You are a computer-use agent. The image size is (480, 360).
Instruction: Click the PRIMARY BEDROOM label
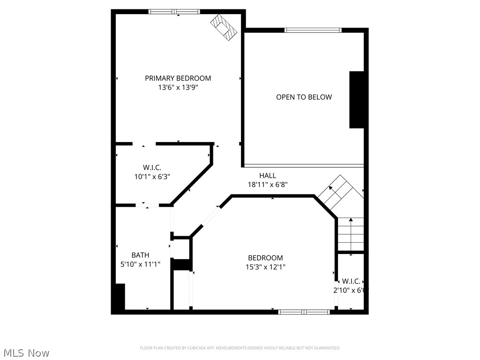click(x=178, y=78)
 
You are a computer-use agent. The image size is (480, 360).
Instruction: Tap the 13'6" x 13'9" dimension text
click(x=178, y=87)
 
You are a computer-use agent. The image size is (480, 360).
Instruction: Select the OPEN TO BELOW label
click(x=304, y=97)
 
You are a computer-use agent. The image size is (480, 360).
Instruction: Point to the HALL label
click(x=268, y=176)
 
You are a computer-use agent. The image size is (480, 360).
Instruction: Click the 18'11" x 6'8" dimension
click(x=268, y=185)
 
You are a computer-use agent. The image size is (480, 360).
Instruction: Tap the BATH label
click(x=140, y=255)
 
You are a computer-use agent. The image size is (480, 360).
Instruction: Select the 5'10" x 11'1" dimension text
click(x=140, y=264)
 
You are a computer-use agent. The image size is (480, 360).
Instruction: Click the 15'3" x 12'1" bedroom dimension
click(x=265, y=267)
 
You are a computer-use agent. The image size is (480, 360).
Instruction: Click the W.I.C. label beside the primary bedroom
click(x=152, y=167)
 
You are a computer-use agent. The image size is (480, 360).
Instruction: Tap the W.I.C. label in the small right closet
click(x=351, y=281)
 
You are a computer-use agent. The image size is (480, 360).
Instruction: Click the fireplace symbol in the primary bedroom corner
click(x=225, y=27)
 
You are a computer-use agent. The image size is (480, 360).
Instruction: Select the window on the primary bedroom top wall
click(x=174, y=12)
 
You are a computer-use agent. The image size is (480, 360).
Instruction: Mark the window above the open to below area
click(x=313, y=30)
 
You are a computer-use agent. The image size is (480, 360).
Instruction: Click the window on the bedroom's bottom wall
click(x=304, y=312)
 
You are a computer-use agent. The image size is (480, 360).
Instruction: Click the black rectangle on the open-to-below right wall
click(x=357, y=99)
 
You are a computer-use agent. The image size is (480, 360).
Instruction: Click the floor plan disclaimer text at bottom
click(x=240, y=348)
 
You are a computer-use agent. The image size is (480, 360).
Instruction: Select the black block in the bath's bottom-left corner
click(x=119, y=297)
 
